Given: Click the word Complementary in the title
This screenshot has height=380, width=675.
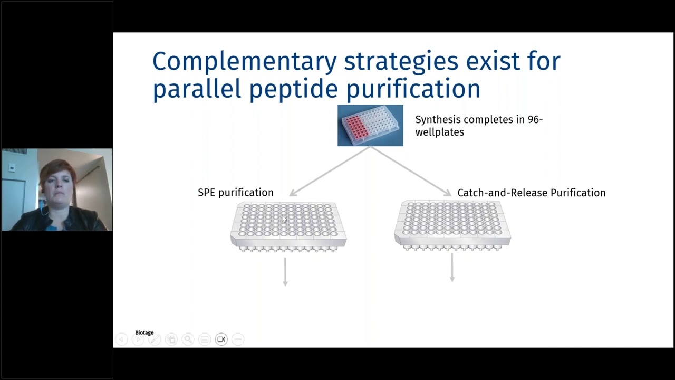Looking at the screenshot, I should coord(244,62).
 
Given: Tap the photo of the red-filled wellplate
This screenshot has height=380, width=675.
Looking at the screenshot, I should coord(370,125).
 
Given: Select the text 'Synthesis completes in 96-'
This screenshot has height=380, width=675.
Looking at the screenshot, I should coord(478,120).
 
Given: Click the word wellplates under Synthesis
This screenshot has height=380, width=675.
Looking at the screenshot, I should coord(439,132).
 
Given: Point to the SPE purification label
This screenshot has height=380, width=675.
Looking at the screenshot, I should coord(235,193).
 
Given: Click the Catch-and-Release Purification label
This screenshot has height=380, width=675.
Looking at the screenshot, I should coord(531,193).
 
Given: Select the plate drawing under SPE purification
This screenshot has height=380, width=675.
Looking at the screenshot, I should coord(288,226).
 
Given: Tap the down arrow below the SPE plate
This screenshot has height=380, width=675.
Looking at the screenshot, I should coord(285,271).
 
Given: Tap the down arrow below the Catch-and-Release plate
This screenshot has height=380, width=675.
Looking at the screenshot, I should coord(452,268).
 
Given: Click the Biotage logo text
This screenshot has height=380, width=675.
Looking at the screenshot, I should coord(144,332).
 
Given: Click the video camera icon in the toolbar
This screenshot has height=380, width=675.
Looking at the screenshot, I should coord(221,339).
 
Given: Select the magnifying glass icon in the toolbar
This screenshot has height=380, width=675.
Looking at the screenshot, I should coord(188,339).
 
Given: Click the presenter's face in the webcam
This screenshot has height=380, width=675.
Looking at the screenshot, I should coord(57,184).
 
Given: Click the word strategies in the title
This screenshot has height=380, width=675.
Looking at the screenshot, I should coord(401,62).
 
